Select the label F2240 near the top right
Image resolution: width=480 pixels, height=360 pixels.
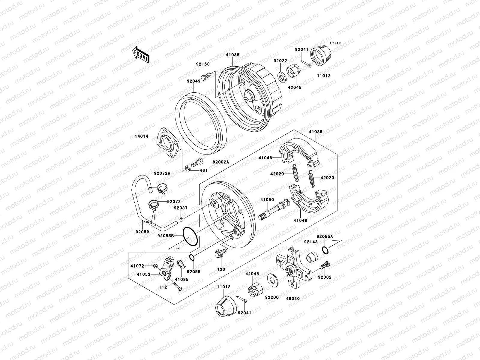click(x=336, y=43)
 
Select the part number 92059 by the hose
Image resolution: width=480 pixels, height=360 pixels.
click(x=142, y=240)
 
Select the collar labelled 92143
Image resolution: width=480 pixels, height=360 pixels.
click(x=311, y=257)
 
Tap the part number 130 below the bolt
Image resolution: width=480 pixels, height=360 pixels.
click(x=221, y=269)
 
